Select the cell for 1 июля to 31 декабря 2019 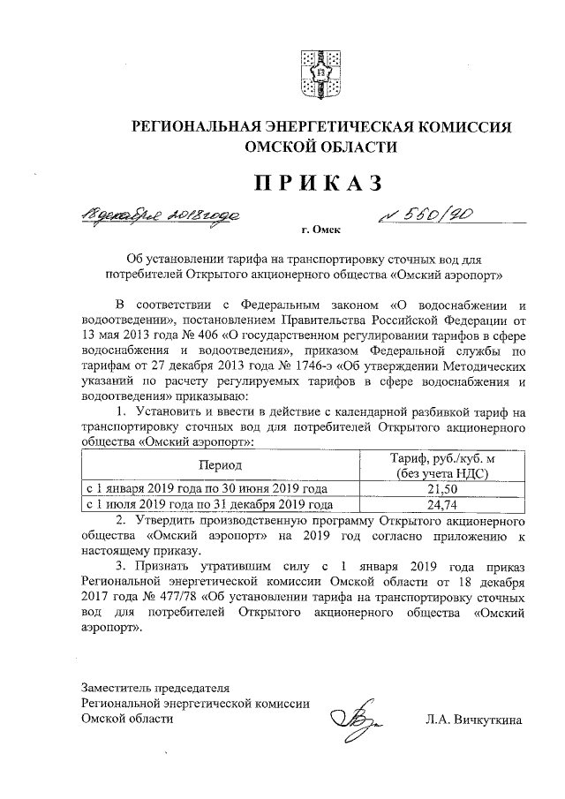click(209, 505)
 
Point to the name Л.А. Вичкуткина click(474, 720)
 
